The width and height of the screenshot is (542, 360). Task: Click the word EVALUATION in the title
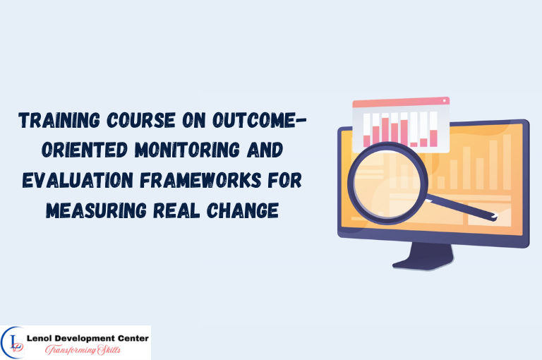click(79, 181)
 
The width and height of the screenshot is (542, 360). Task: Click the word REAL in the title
click(171, 210)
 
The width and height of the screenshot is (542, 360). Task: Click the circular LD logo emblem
click(14, 343)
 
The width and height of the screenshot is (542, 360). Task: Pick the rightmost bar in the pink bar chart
click(434, 138)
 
